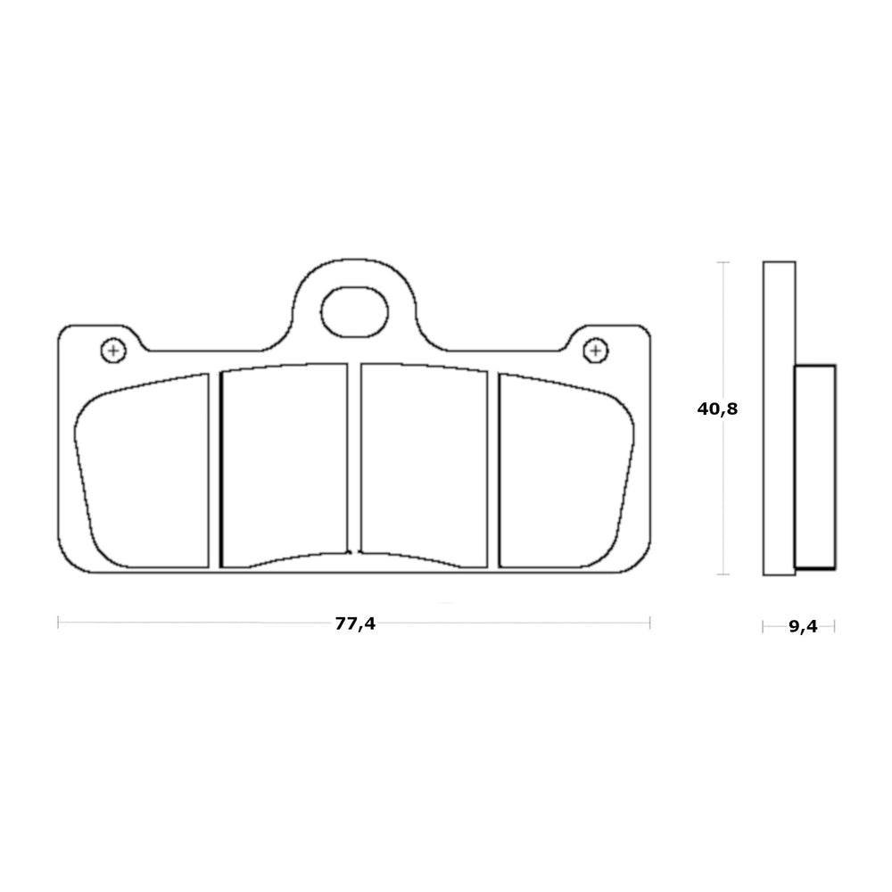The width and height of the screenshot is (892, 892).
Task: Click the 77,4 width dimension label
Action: [355, 624]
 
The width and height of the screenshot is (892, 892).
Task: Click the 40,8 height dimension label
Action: [717, 409]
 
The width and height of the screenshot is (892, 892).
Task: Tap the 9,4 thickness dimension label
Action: [803, 626]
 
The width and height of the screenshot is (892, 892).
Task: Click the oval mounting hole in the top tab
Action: [354, 311]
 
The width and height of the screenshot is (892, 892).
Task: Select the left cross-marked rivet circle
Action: [113, 350]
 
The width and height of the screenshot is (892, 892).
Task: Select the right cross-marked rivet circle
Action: [596, 350]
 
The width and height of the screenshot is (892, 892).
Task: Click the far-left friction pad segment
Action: [142, 471]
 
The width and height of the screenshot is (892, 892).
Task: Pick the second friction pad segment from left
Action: [284, 466]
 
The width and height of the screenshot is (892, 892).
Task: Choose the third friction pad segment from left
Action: [425, 466]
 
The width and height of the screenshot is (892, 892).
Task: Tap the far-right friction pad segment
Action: [566, 471]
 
